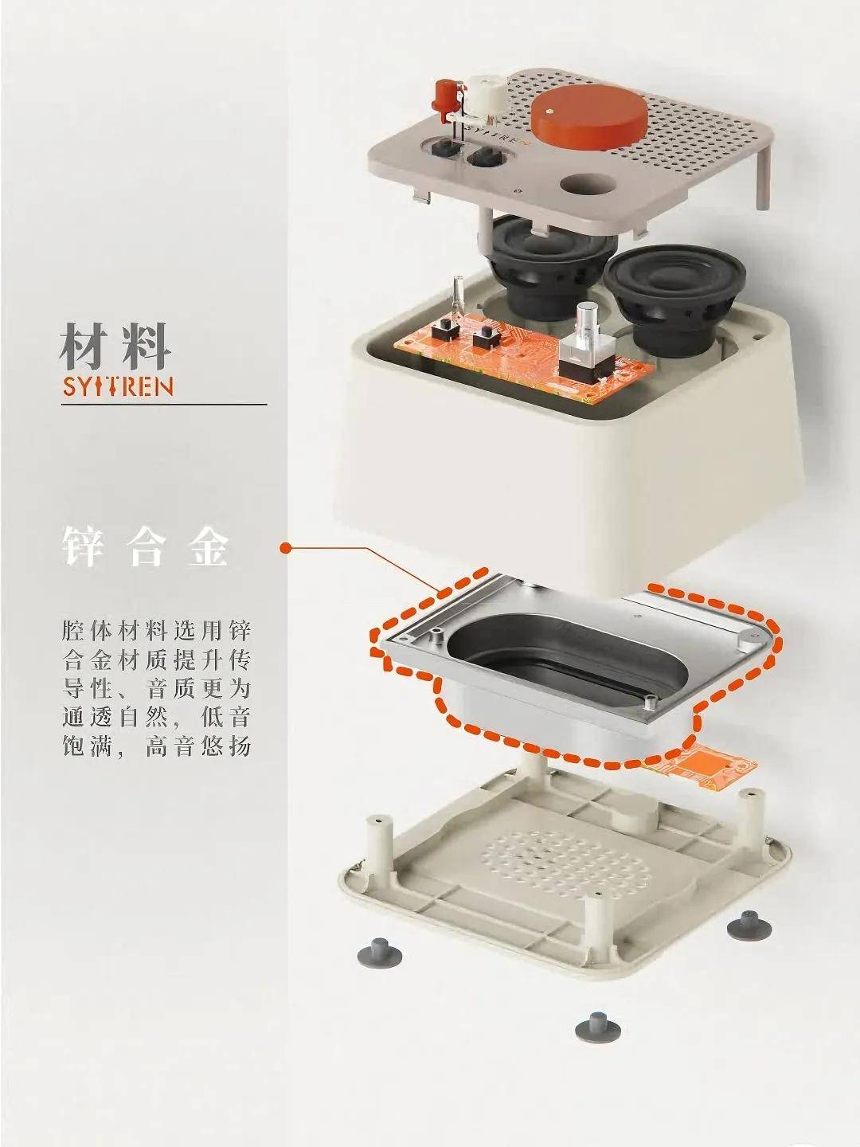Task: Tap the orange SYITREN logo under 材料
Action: point(117,388)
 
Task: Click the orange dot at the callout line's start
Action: point(285,548)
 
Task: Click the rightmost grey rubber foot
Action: point(749,924)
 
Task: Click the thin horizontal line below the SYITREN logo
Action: point(164,405)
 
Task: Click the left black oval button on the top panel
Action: point(439,149)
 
